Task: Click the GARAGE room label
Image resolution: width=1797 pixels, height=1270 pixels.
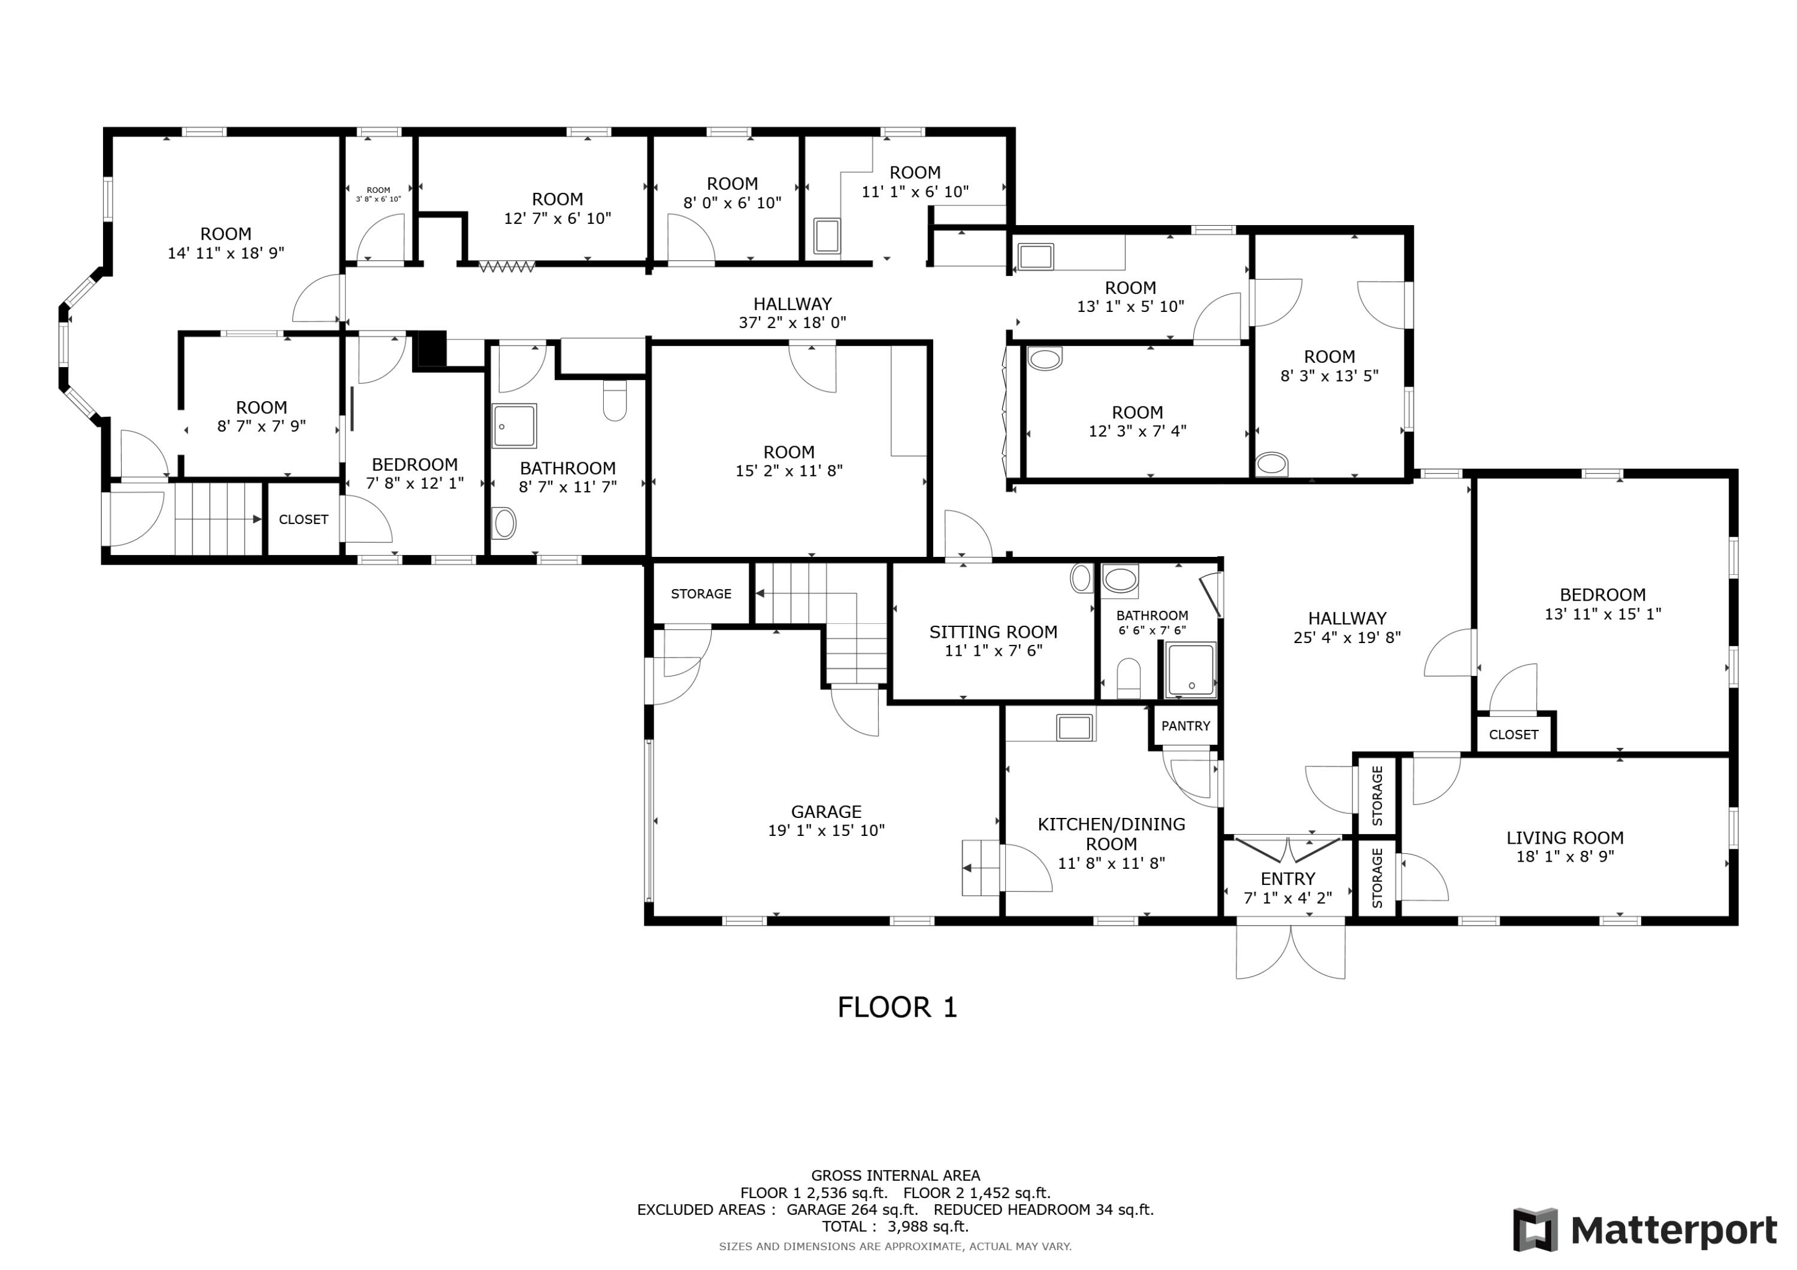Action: (825, 811)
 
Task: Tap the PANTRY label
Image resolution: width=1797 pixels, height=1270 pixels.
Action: (1185, 725)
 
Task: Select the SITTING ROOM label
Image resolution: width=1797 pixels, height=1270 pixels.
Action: (993, 632)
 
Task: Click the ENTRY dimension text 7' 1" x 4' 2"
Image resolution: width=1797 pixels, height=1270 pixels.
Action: (1287, 898)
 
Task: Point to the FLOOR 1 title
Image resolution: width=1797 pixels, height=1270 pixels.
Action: (897, 1007)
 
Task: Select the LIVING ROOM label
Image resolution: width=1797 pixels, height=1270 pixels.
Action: (1565, 837)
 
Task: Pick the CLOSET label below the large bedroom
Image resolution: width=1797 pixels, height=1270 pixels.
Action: (1513, 735)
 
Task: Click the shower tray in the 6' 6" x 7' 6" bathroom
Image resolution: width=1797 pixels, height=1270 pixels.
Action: (1190, 670)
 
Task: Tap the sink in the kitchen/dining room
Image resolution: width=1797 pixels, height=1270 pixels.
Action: (1074, 727)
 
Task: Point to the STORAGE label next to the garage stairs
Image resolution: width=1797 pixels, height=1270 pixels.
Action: (700, 594)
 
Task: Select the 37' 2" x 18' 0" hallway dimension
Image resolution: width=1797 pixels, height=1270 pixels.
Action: (792, 322)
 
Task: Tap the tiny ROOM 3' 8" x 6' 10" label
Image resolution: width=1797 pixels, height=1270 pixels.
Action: (378, 194)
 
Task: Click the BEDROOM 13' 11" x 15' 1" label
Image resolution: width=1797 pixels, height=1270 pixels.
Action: (1602, 604)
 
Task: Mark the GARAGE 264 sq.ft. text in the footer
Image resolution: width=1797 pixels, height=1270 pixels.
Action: (852, 1210)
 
